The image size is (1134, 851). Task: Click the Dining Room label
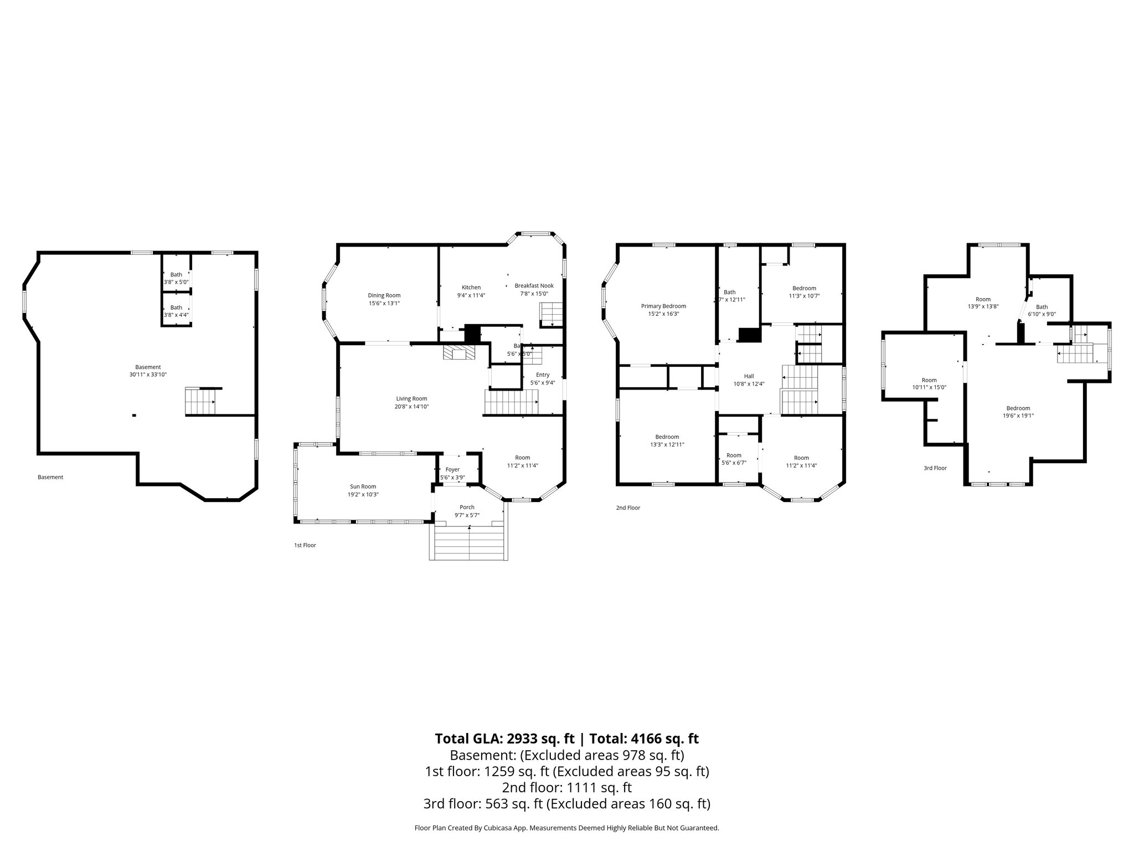(x=384, y=295)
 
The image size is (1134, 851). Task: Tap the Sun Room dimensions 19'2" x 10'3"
(x=363, y=494)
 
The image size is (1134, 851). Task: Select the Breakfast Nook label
(x=534, y=286)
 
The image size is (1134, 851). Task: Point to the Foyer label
(x=452, y=470)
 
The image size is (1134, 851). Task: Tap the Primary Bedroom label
(x=663, y=306)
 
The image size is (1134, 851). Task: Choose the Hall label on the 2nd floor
(x=749, y=376)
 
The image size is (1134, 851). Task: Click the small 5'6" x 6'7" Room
(x=734, y=459)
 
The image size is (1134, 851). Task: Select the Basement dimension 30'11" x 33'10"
(x=148, y=375)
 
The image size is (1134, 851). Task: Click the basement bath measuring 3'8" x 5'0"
(x=176, y=278)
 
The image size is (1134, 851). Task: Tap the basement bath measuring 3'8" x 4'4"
(x=176, y=311)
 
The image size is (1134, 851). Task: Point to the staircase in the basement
(x=200, y=402)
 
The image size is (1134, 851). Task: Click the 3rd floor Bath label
(x=1042, y=307)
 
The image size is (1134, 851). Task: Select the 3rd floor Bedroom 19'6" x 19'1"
(x=1018, y=412)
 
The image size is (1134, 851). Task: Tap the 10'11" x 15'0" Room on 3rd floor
(x=929, y=383)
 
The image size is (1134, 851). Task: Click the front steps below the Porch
(x=468, y=543)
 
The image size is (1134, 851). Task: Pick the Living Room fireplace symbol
(x=458, y=353)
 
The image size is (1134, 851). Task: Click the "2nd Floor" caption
(x=628, y=507)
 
